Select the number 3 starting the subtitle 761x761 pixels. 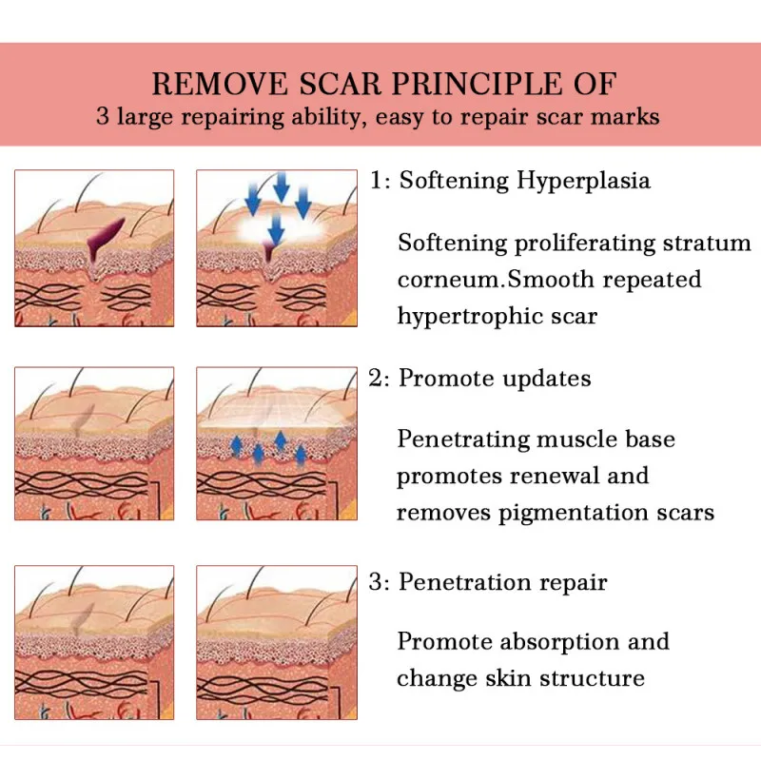point(103,118)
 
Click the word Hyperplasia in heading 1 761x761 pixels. point(584,181)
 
